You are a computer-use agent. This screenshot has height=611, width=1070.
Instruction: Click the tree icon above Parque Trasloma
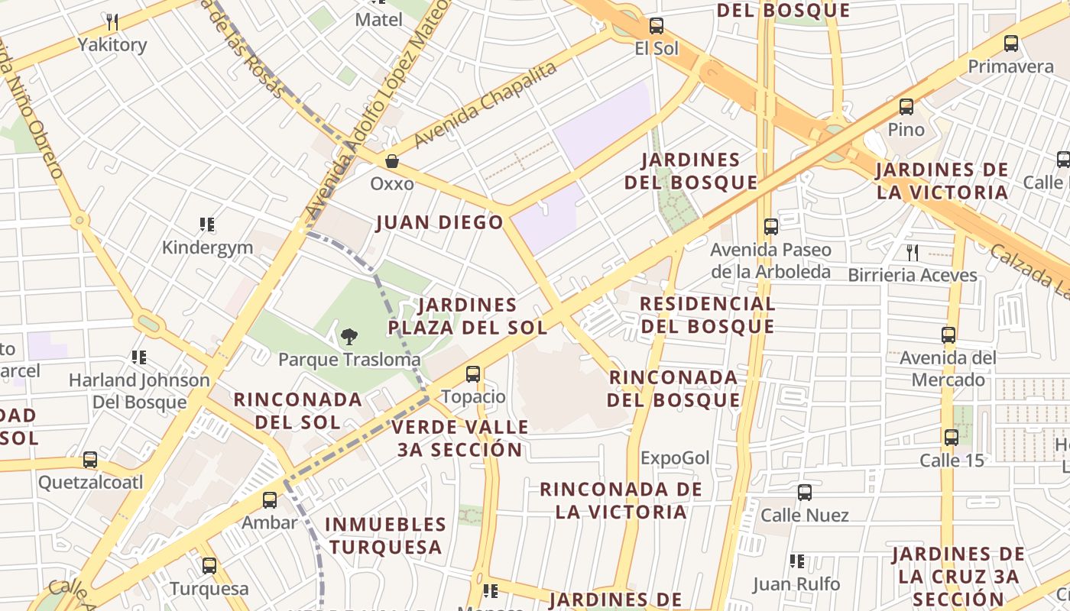[x=349, y=336]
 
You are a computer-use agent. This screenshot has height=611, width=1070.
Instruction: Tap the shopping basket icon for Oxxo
[x=392, y=161]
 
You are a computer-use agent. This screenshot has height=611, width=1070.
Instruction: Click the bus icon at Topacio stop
[x=473, y=373]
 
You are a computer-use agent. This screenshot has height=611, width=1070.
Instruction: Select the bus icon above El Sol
[x=656, y=26]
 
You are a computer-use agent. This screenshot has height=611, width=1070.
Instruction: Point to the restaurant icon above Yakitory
[x=112, y=21]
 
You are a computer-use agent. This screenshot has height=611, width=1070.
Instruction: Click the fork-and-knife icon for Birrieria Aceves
[x=912, y=252]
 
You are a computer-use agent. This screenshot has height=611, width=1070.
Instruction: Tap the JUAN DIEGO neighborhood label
[x=439, y=222]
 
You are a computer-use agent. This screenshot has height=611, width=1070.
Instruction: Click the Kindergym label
[x=207, y=247]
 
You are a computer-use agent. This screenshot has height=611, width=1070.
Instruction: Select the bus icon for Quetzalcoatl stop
[x=90, y=460]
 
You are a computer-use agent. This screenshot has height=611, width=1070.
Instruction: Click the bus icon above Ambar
[x=270, y=500]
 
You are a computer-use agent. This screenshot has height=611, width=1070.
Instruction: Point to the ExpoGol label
[x=675, y=458]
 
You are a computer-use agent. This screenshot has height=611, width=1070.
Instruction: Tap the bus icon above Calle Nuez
[x=804, y=493]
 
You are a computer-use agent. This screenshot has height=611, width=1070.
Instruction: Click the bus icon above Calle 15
[x=951, y=437]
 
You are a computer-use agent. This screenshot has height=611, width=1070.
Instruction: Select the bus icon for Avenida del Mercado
[x=948, y=335]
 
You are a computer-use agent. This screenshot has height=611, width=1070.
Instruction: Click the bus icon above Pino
[x=906, y=107]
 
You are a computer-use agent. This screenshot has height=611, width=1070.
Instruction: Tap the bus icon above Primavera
[x=1011, y=44]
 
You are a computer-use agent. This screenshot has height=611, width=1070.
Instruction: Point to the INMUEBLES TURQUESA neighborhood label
[x=386, y=535]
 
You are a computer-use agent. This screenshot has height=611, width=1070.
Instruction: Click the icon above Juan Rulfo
[x=797, y=561]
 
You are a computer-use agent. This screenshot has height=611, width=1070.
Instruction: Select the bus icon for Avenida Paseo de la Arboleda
[x=770, y=226]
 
